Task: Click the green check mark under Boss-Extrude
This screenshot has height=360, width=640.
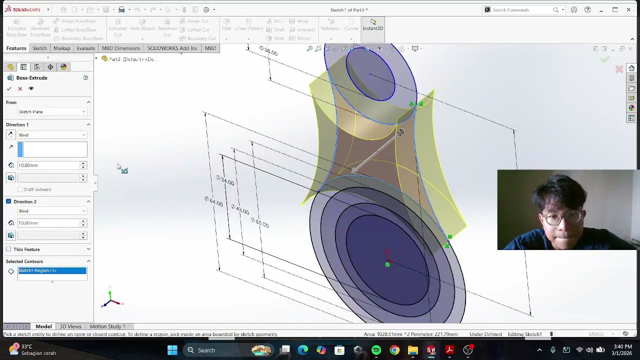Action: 9,88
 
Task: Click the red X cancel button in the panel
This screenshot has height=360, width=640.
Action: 20,88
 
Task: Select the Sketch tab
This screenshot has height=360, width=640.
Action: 39,48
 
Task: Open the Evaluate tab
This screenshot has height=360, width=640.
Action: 85,48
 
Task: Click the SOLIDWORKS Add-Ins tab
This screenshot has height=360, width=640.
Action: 172,48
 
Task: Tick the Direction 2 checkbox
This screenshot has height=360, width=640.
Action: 8,201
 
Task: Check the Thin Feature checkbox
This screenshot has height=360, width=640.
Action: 8,249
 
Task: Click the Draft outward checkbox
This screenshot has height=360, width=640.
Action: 20,189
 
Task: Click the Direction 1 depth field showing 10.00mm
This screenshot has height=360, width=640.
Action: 48,165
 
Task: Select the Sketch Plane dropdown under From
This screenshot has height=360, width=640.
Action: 52,111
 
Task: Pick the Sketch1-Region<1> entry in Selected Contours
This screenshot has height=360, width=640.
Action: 52,270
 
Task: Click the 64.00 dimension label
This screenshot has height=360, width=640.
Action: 215,201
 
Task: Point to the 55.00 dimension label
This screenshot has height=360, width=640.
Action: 261,222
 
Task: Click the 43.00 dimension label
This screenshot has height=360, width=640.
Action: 241,210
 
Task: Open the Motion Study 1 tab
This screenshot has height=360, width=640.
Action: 107,326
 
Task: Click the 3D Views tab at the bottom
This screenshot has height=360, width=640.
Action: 70,326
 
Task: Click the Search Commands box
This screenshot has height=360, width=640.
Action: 522,10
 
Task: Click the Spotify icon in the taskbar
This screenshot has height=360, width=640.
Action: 376,350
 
